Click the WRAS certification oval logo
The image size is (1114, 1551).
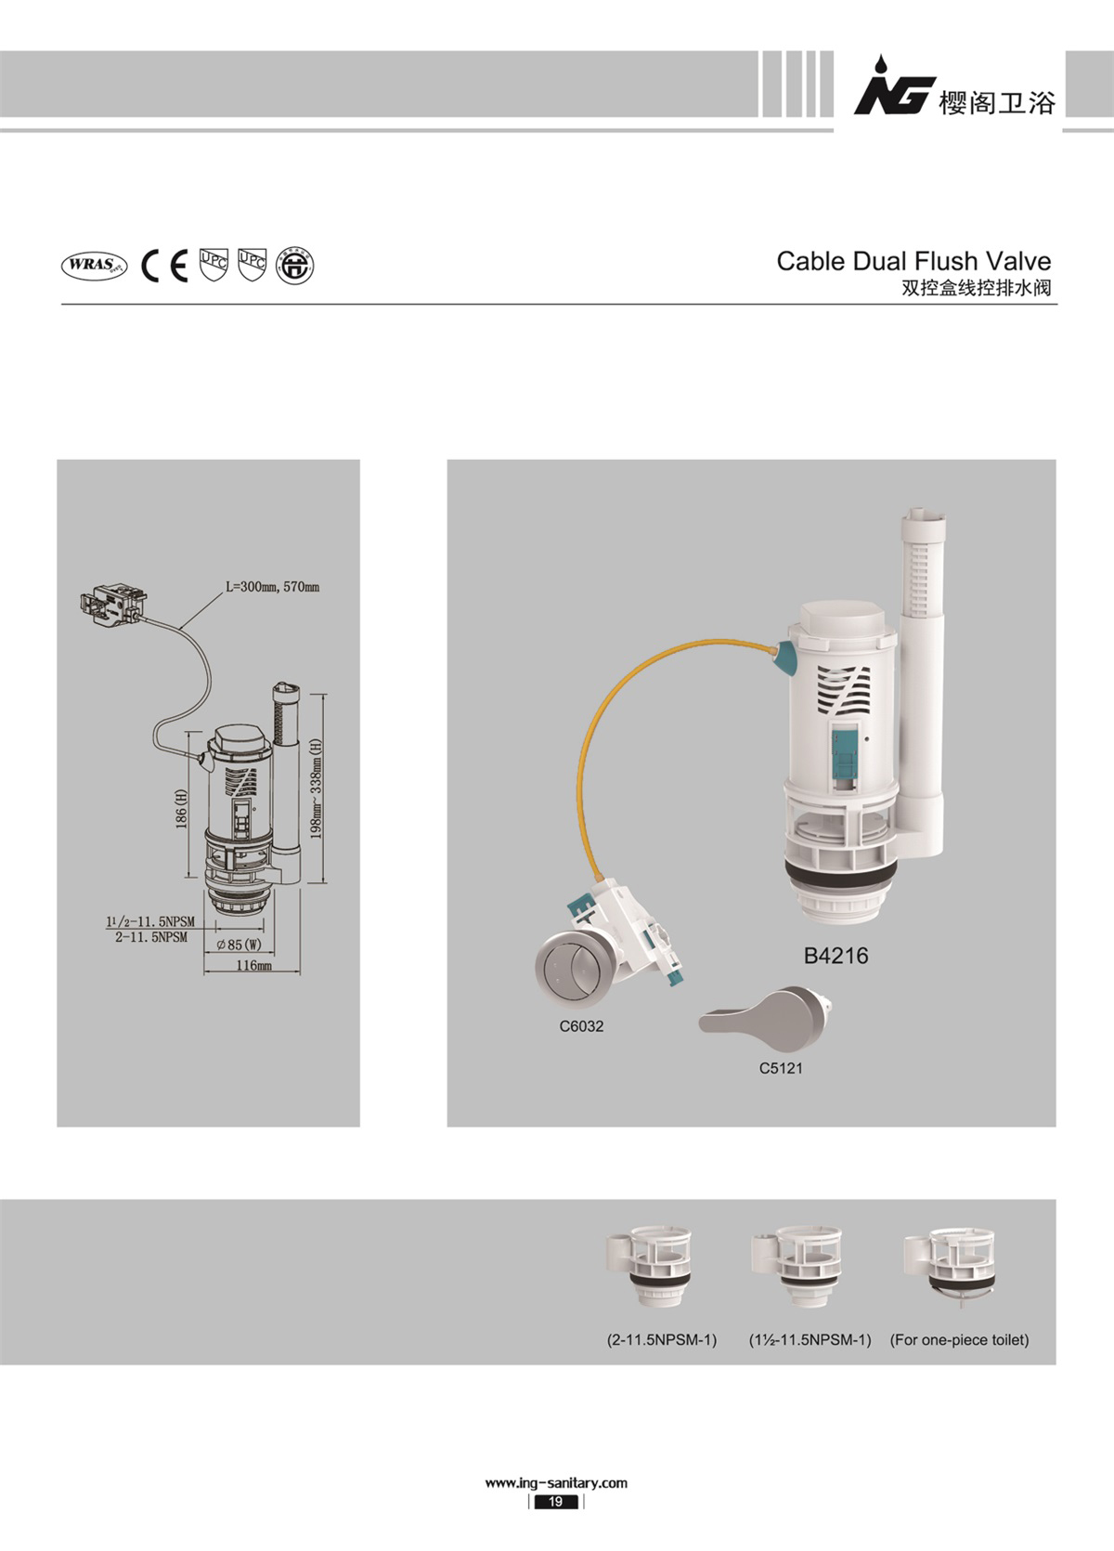coord(95,266)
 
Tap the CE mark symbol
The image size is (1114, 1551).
coord(164,266)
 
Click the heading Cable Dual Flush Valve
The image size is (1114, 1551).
coord(913,261)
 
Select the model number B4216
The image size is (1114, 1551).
coord(835,956)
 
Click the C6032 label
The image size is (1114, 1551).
coord(581,1026)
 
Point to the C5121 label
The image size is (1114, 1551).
coord(781,1068)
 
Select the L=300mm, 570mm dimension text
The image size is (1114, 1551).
coord(273,586)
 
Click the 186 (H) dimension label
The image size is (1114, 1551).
coord(182,808)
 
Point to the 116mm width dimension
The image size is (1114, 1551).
coord(254,965)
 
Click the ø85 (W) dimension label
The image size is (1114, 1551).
coord(240,945)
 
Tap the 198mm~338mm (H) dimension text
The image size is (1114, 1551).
coord(317,789)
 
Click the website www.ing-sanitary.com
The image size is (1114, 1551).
coord(556,1483)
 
